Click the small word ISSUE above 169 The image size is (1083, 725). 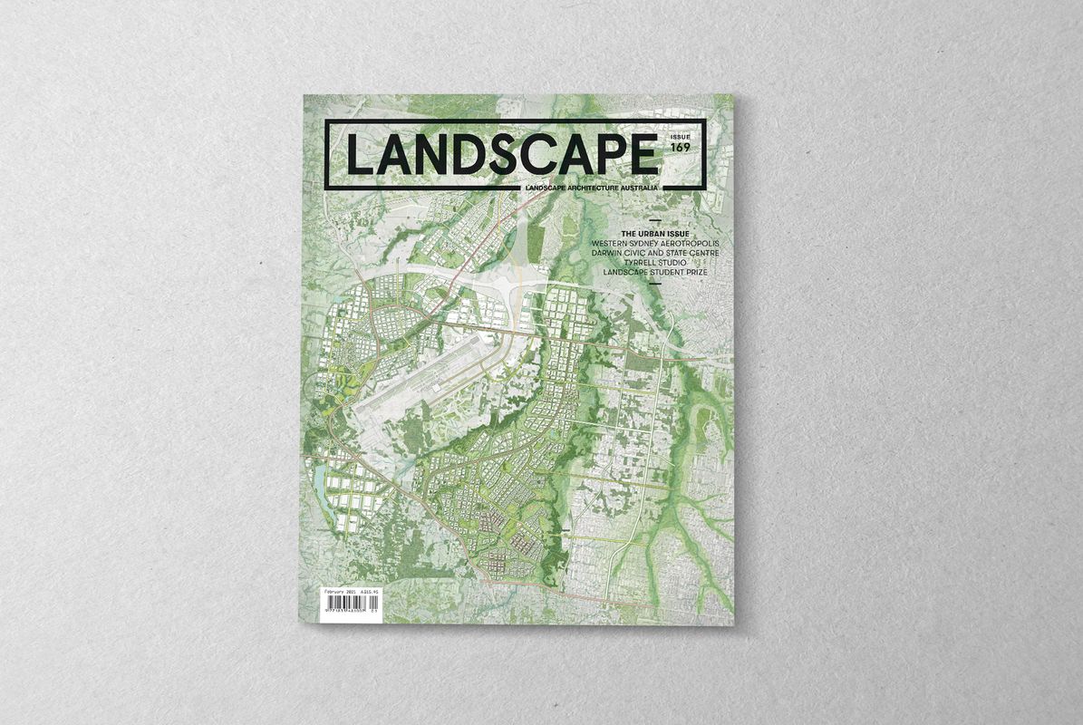coord(680,138)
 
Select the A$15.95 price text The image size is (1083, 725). coord(370,591)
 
